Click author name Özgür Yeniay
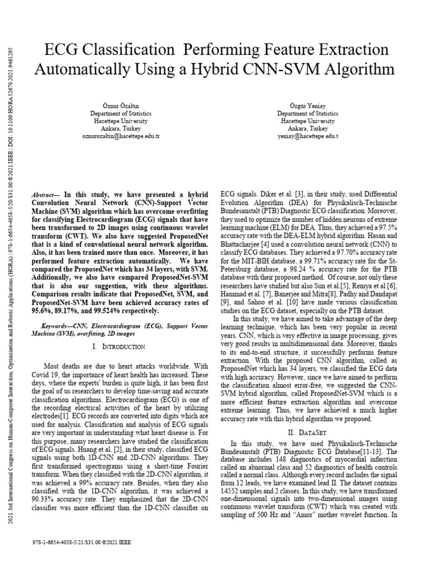tap(308, 106)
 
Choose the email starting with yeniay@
tap(308, 136)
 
